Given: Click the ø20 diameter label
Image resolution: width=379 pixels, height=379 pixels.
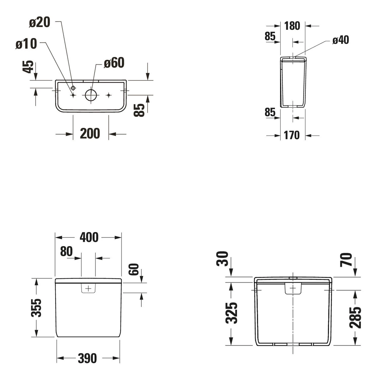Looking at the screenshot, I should click(x=40, y=22).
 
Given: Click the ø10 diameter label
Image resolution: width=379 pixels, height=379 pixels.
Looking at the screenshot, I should click(x=26, y=44).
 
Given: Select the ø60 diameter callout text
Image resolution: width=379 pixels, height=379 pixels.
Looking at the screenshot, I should click(x=114, y=63).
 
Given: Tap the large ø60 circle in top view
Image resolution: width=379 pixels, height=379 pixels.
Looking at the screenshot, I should click(x=91, y=95).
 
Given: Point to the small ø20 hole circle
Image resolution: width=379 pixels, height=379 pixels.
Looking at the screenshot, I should click(x=73, y=88).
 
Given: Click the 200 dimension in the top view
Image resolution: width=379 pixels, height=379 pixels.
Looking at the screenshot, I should click(x=90, y=133).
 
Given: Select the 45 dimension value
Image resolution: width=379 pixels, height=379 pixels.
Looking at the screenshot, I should click(x=28, y=67).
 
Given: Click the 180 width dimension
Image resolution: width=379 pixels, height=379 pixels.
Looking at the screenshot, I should click(x=292, y=26).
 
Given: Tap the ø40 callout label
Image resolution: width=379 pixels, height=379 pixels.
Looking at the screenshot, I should click(x=341, y=40).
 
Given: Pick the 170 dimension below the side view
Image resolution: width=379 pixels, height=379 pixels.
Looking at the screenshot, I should click(x=292, y=135).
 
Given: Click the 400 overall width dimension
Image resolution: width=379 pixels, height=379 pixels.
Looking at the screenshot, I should click(x=89, y=237).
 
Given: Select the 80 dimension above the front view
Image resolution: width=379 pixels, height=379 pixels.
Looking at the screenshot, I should click(x=66, y=251).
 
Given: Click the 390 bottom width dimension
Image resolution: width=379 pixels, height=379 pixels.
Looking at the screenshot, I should click(x=87, y=358).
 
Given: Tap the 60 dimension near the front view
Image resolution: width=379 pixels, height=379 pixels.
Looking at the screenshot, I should click(x=134, y=269).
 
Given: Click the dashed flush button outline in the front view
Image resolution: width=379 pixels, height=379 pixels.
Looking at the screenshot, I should click(x=88, y=288).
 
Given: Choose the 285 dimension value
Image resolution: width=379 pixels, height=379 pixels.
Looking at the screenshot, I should click(x=355, y=317).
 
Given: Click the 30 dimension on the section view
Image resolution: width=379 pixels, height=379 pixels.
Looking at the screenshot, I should click(x=223, y=258).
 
